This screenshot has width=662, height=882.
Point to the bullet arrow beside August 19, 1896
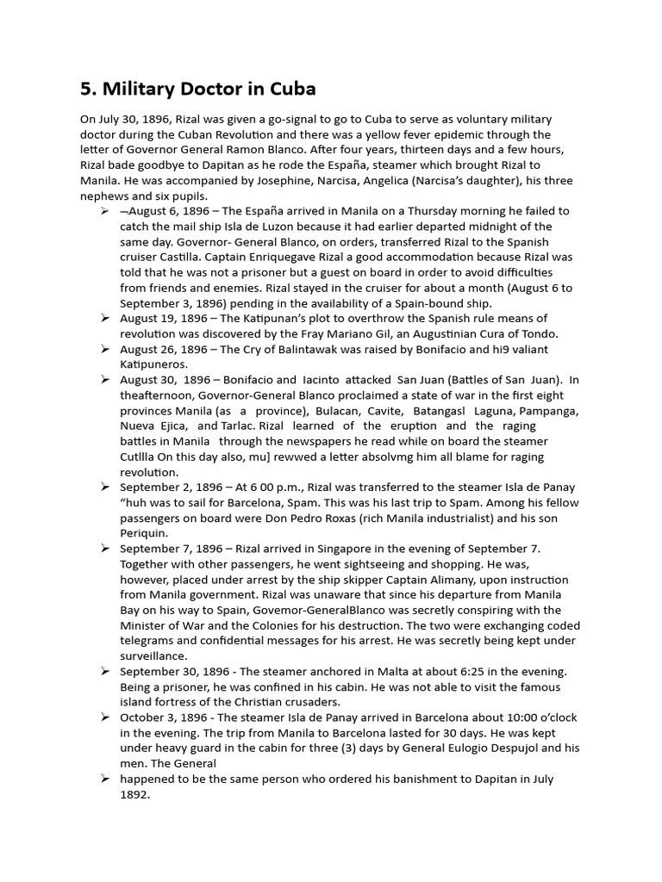pos(104,318)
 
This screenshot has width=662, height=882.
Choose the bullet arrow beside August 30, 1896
pos(104,380)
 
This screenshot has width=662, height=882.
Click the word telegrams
pos(152,641)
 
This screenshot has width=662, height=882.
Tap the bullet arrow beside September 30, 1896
pos(104,671)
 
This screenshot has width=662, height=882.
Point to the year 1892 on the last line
pos(135,794)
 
